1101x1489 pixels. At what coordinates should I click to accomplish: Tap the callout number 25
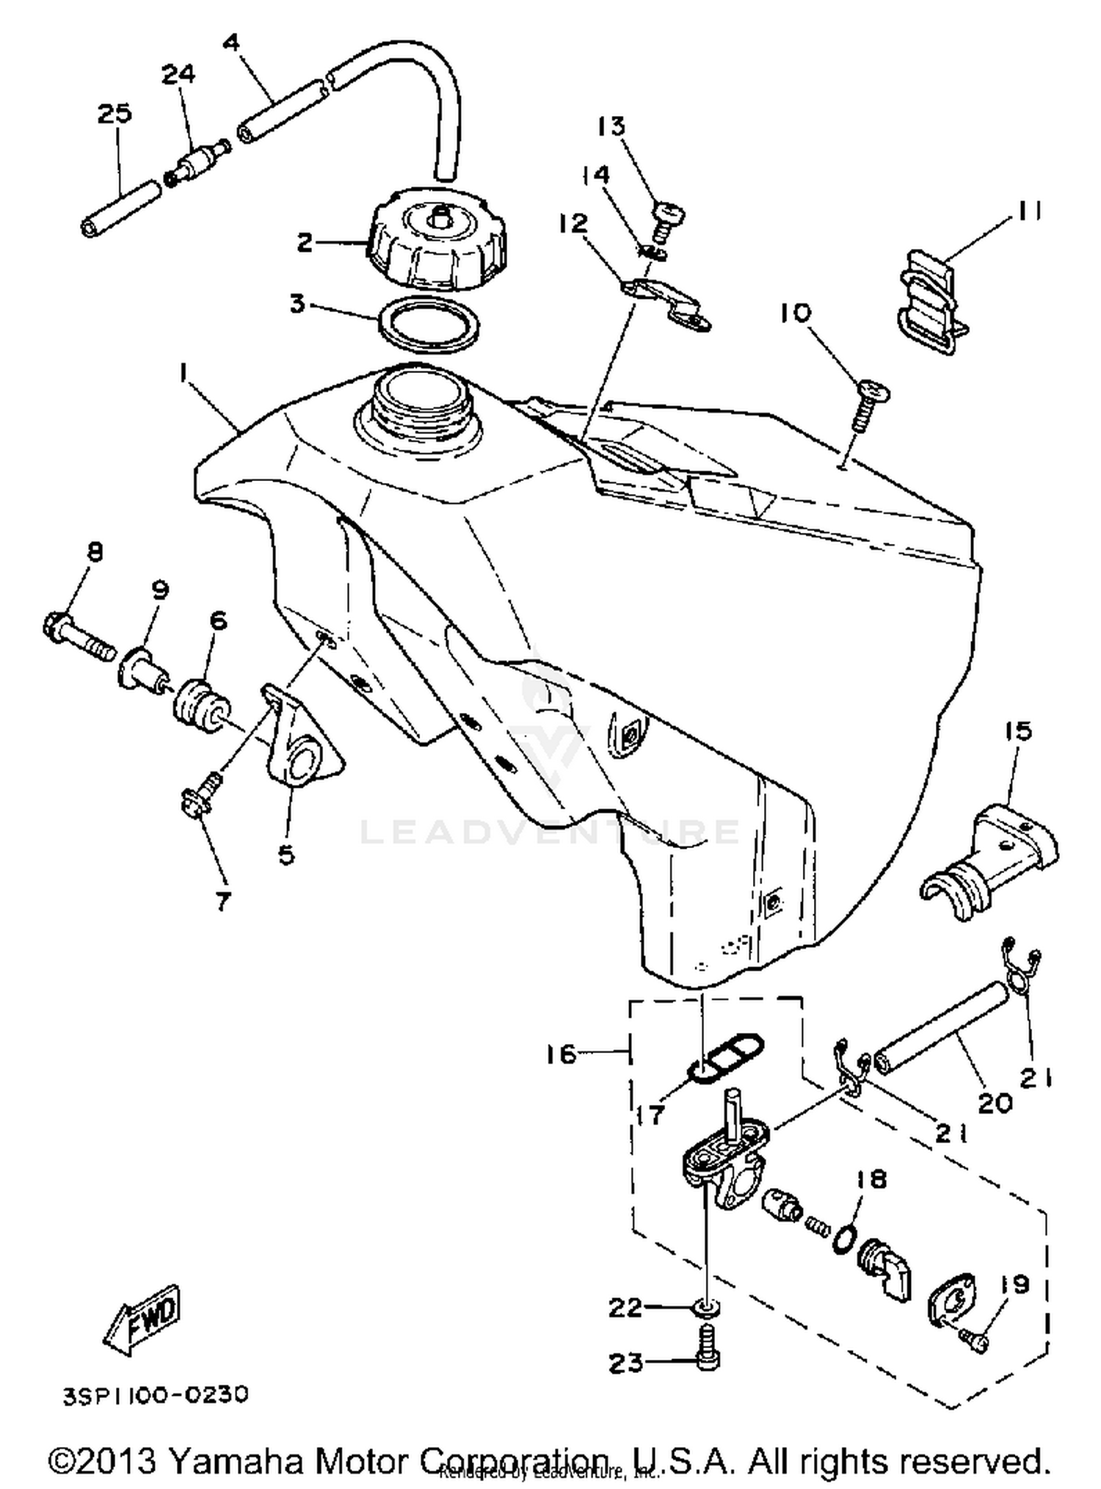(x=115, y=114)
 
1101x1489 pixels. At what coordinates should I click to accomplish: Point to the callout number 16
(x=562, y=1055)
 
